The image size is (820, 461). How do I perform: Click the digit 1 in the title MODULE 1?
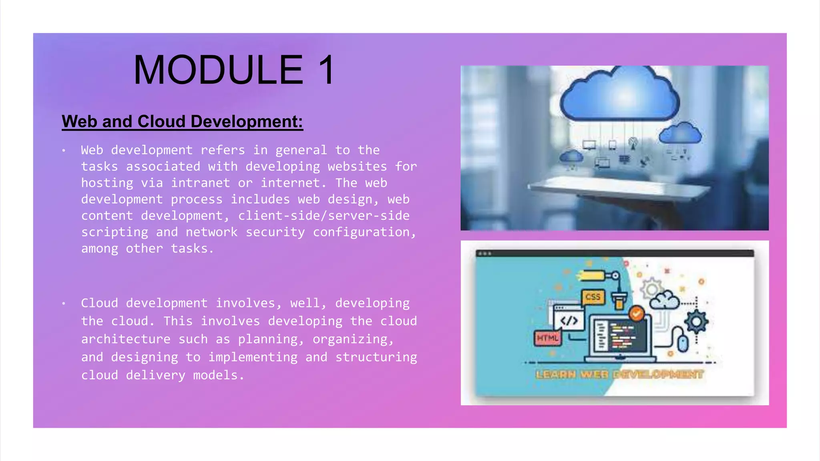click(328, 70)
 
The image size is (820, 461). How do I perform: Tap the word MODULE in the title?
click(219, 70)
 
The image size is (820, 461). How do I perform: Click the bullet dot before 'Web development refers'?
click(64, 150)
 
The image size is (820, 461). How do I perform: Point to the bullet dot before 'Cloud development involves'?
click(64, 304)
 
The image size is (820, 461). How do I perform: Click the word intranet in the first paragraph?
click(201, 183)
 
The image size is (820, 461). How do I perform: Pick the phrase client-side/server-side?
click(324, 216)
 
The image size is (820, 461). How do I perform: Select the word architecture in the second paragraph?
click(126, 339)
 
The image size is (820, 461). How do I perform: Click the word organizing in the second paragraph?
click(350, 339)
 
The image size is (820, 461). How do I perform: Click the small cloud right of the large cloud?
click(680, 133)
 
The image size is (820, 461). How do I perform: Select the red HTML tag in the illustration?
click(547, 338)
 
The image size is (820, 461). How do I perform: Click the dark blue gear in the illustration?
click(696, 322)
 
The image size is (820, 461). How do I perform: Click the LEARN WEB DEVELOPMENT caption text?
click(619, 375)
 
